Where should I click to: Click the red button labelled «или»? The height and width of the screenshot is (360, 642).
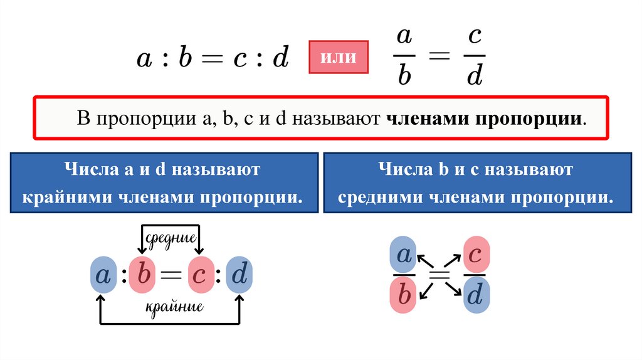339,58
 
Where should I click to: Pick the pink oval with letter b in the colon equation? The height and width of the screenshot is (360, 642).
144,275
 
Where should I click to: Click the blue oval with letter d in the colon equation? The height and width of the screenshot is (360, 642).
239,275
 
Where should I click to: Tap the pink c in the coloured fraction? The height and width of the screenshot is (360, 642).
476,254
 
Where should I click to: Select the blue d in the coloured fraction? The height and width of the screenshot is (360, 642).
476,295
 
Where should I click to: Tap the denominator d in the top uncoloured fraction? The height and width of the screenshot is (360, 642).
475,76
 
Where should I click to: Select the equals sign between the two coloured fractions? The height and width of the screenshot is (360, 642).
440,274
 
